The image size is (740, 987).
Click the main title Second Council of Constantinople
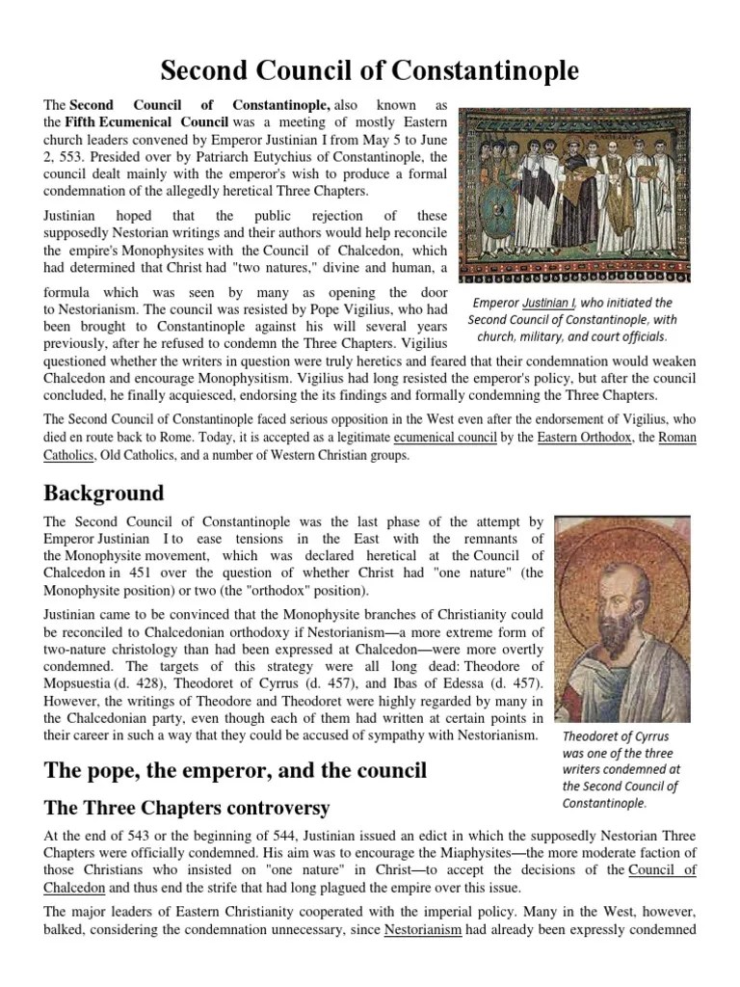coord(369,70)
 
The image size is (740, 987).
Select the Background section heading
coord(104,493)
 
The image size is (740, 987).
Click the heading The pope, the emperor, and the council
coord(235,771)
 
